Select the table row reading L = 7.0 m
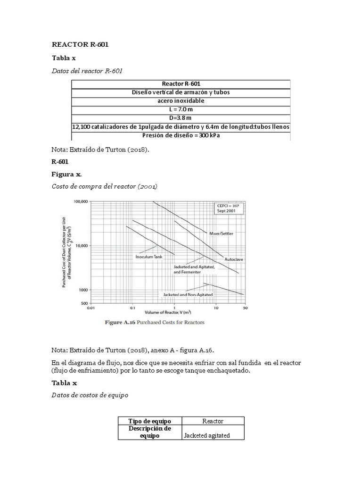[x=181, y=109]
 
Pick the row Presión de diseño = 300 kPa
[x=181, y=136]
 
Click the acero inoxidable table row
[x=181, y=101]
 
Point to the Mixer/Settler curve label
[x=221, y=233]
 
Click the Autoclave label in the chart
[x=233, y=259]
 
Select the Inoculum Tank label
[x=149, y=257]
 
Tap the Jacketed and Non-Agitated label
[x=188, y=294]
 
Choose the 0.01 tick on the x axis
[x=91, y=308]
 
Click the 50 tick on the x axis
[x=245, y=308]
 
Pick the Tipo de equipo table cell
[x=150, y=421]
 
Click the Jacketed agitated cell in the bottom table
[x=213, y=435]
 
